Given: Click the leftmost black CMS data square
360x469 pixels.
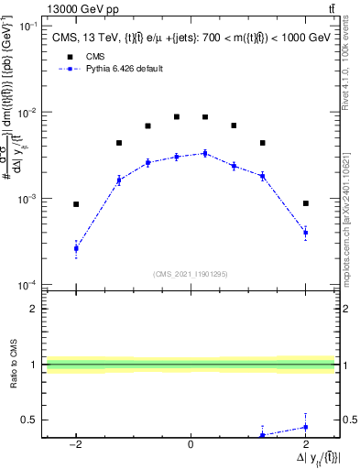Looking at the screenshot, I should [x=76, y=204].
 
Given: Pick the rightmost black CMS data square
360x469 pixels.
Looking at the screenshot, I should [x=305, y=203].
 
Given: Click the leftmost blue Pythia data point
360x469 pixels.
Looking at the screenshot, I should [x=76, y=248].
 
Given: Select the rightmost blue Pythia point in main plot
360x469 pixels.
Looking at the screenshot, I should [x=305, y=233].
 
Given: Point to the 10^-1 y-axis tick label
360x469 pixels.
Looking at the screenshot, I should [x=27, y=27].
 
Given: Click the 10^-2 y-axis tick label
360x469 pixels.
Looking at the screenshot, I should [x=27, y=113].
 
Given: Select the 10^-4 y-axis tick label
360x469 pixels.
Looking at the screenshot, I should [x=27, y=285].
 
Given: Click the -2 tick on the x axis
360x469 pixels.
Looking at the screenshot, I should [x=76, y=444].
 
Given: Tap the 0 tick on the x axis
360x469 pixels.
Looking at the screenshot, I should [x=191, y=444].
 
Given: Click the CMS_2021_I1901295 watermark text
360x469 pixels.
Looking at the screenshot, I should [x=191, y=273].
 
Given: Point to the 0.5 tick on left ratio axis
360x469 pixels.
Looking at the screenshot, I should [x=29, y=420].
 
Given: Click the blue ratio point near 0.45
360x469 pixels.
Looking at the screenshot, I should [x=305, y=427].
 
